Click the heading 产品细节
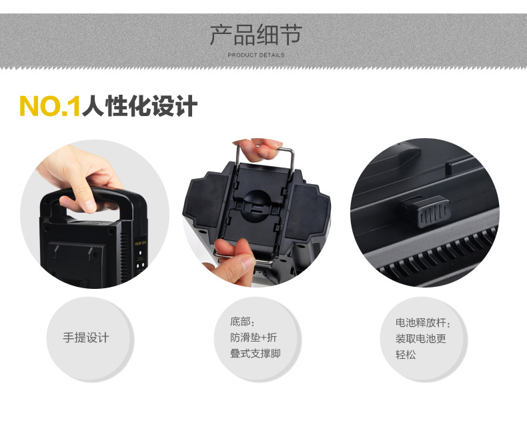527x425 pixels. [x=255, y=34]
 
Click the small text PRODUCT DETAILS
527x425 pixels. [x=255, y=55]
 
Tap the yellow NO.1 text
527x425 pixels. [x=49, y=106]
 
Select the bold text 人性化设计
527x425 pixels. [x=139, y=106]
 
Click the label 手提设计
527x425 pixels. [x=86, y=338]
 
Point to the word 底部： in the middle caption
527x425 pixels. [x=243, y=322]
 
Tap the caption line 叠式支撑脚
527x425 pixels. [x=255, y=354]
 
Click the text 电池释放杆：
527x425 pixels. [x=423, y=322]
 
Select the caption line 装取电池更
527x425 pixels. [x=420, y=338]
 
